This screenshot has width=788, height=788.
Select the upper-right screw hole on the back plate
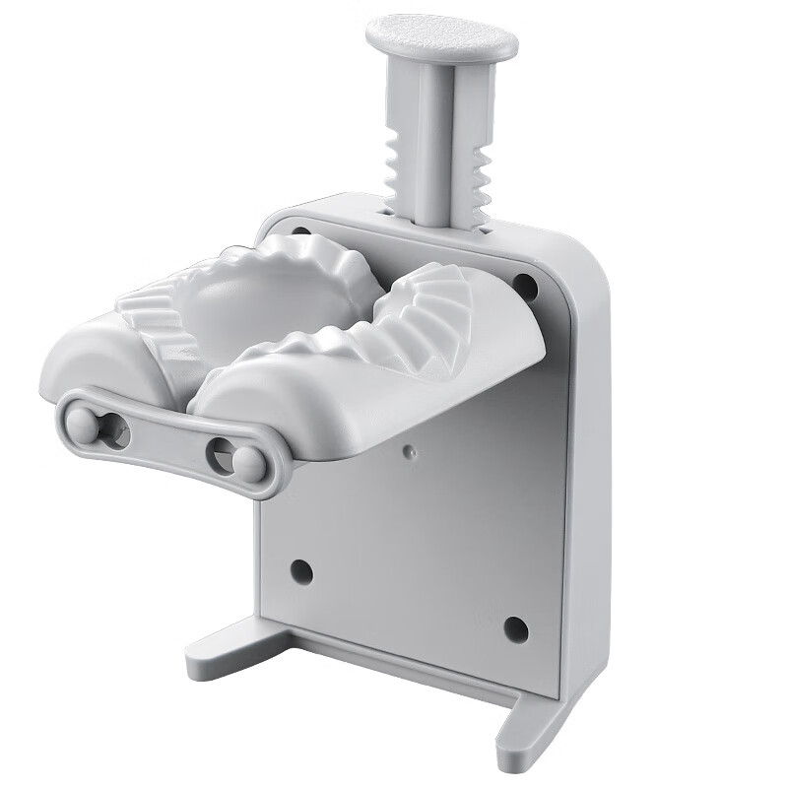(x=525, y=287)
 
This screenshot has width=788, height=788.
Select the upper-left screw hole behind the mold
(x=301, y=236)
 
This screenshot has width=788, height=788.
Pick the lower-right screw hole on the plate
(x=515, y=627)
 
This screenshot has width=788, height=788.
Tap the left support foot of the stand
(x=231, y=645)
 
